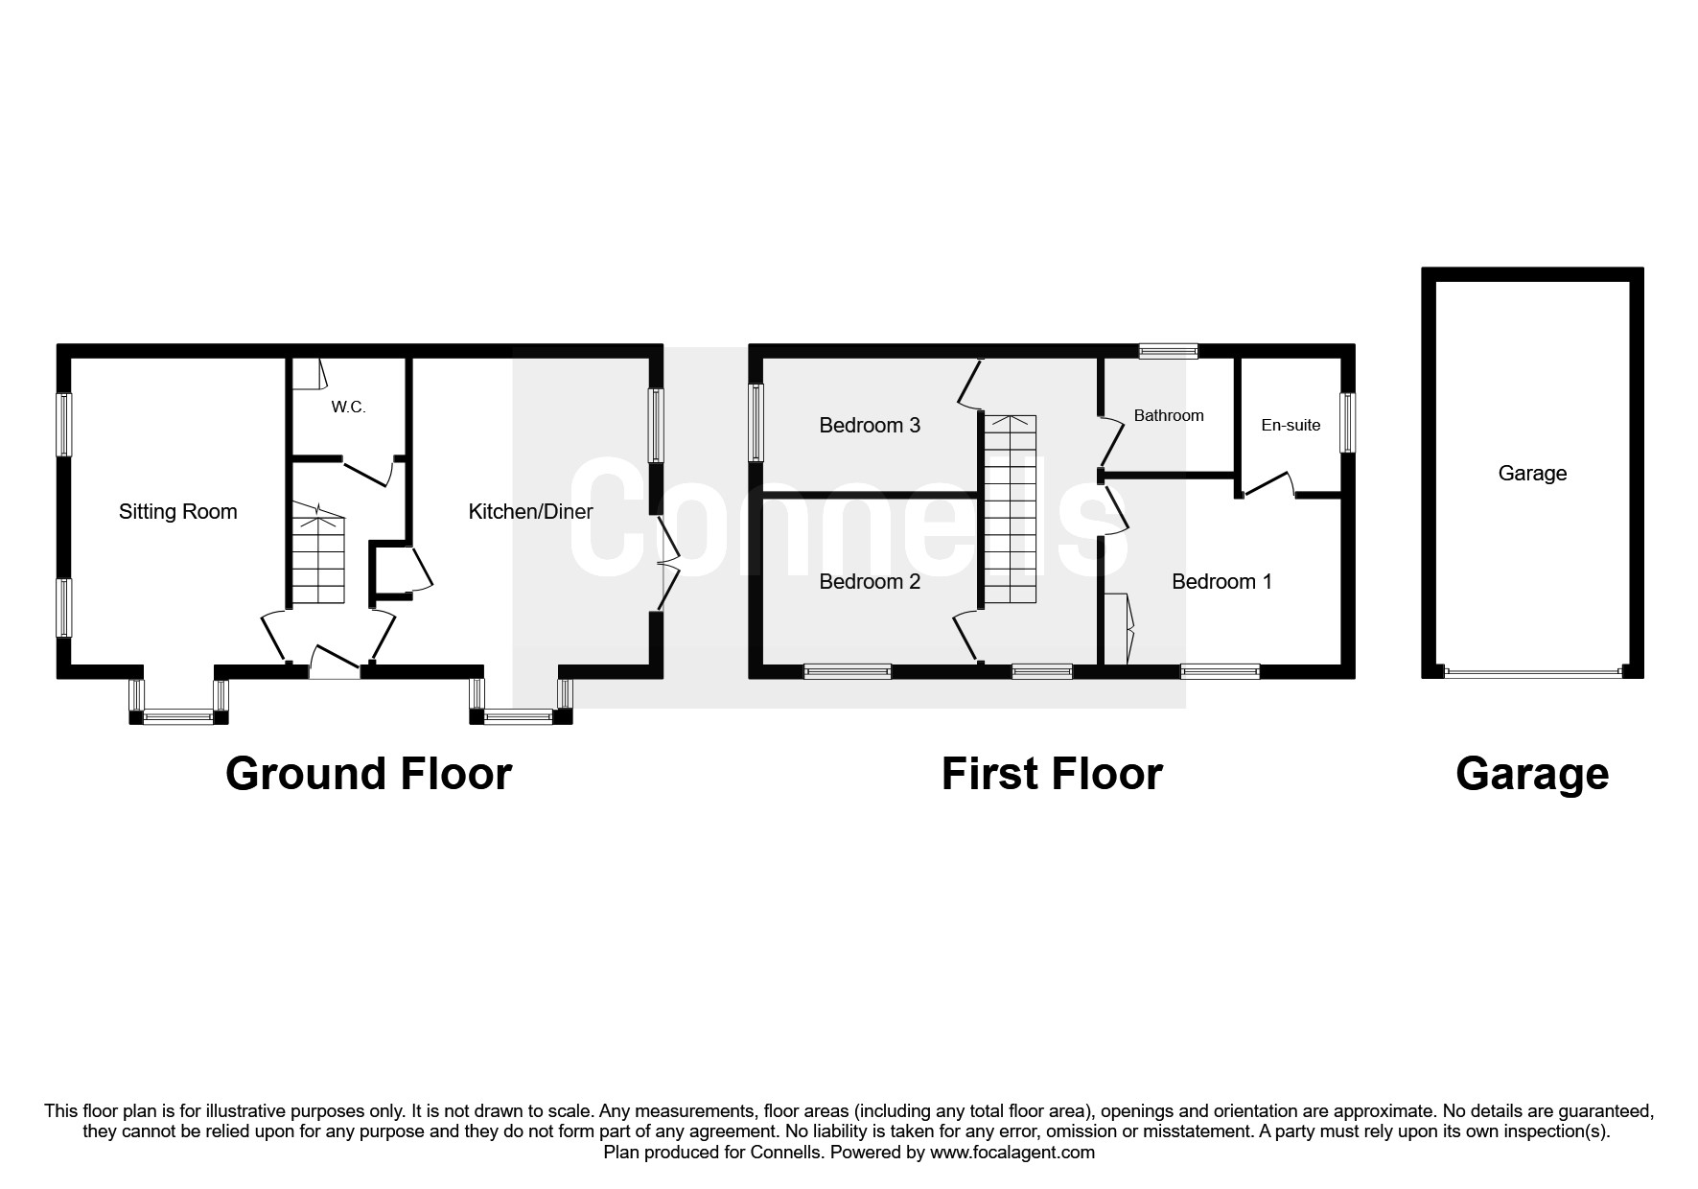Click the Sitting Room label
point(177,512)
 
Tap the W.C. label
point(348,408)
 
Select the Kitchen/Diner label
point(530,512)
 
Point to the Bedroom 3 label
point(870,425)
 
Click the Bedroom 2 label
point(870,581)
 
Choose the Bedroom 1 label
point(1221,581)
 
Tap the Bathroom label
point(1169,415)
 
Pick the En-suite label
point(1291,425)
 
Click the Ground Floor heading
point(368,774)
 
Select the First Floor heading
point(1052,774)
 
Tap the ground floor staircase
point(317,557)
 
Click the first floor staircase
point(1011,509)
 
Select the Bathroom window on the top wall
point(1168,351)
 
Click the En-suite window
point(1348,423)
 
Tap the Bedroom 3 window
point(756,423)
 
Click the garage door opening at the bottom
point(1532,672)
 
